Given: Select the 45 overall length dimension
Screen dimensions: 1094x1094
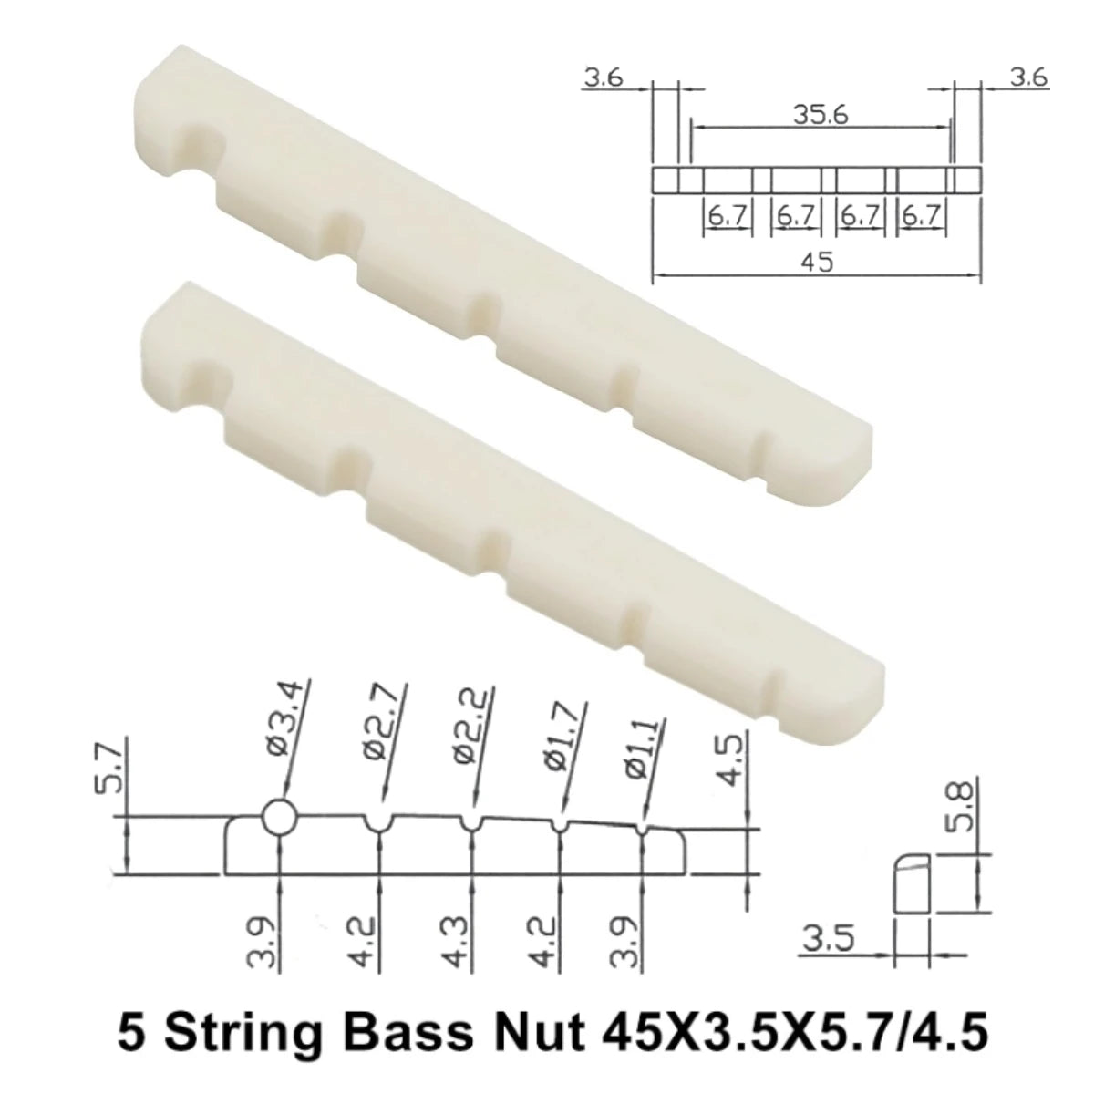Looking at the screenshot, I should [x=818, y=262].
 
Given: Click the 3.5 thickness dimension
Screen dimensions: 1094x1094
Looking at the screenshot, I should [x=828, y=939].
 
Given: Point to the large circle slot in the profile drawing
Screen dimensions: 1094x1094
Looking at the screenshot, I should [x=279, y=818].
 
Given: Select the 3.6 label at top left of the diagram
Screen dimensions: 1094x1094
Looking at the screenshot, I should [x=604, y=78].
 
